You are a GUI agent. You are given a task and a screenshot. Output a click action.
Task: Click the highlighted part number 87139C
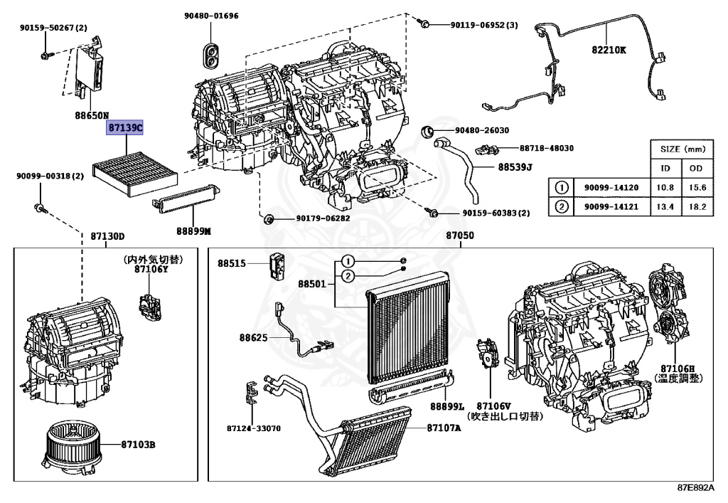point(125,128)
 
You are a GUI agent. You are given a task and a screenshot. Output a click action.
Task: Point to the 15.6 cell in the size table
point(697,187)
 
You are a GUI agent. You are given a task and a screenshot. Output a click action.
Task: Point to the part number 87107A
point(444,428)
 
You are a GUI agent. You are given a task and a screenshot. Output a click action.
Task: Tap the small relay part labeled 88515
point(278,266)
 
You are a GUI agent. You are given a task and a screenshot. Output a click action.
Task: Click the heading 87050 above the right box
point(460,235)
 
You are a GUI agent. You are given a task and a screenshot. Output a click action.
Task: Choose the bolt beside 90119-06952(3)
point(424,25)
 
